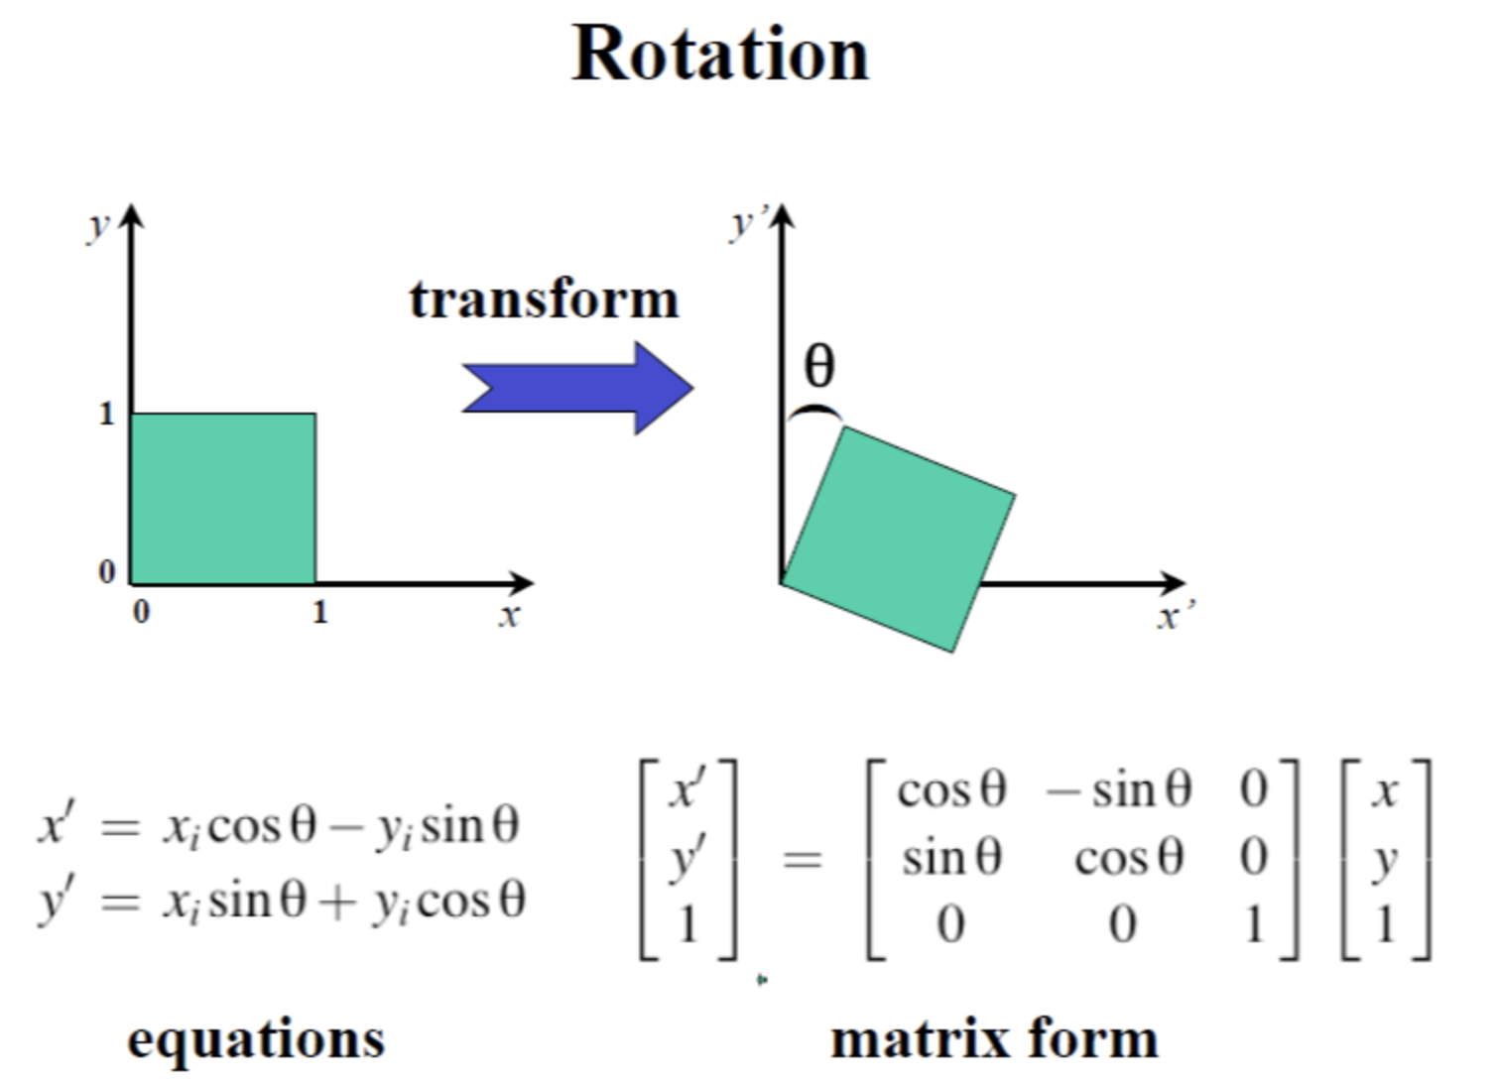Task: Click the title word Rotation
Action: (x=720, y=54)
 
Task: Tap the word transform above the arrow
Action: (x=544, y=299)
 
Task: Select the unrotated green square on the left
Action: (x=223, y=498)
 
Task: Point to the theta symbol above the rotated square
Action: (x=819, y=366)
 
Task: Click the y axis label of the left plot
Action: (x=97, y=226)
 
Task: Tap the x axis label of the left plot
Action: (x=509, y=616)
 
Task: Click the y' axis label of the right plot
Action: (x=744, y=224)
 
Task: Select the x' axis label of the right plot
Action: (x=1174, y=618)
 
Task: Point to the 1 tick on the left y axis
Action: (x=106, y=414)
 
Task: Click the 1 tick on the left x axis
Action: (x=319, y=612)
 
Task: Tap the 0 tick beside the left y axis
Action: (x=106, y=571)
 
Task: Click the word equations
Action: (x=256, y=1039)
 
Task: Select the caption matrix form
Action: (x=994, y=1039)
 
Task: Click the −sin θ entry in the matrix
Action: (x=1118, y=790)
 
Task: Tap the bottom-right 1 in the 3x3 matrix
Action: (x=1254, y=925)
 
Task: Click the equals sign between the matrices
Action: (x=802, y=859)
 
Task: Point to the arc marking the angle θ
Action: (x=814, y=412)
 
